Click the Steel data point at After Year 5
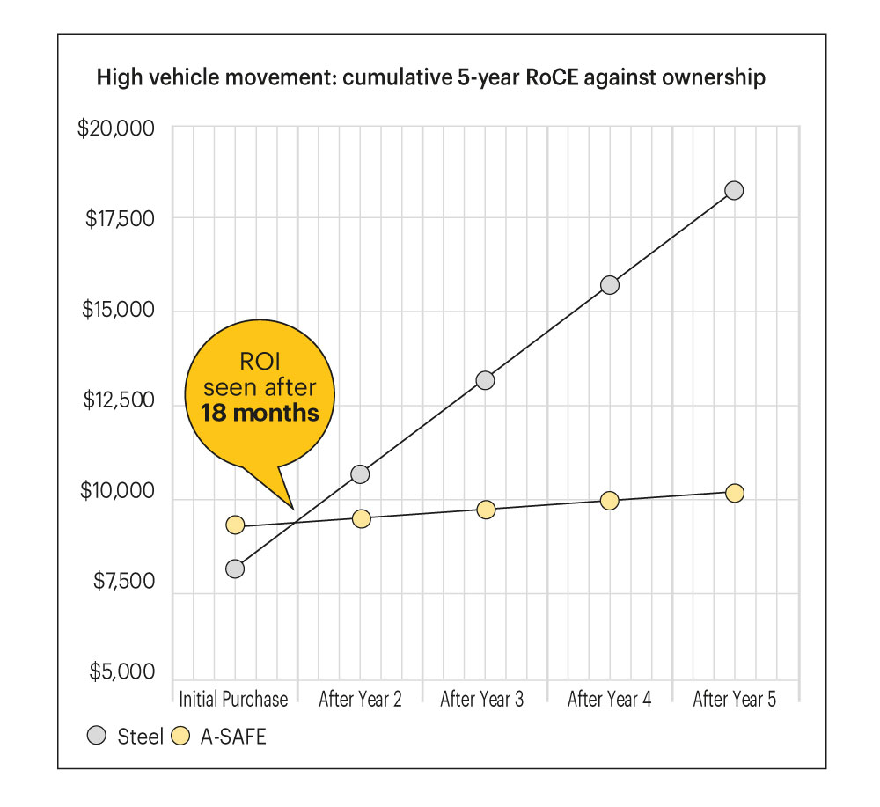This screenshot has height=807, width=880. coord(734,190)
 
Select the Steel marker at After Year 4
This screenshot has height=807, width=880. coord(609,285)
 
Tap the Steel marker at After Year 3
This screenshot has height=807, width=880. coord(485,380)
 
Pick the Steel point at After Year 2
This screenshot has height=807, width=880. coord(360,474)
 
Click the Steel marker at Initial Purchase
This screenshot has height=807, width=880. coord(235,569)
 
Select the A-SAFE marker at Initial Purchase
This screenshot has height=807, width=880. coord(235,525)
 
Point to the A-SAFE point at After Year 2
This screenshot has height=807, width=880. coord(361,519)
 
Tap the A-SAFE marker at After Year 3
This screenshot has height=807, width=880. coord(486,510)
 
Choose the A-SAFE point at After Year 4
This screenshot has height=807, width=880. coord(609,500)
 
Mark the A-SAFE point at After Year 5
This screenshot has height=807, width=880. coord(734,493)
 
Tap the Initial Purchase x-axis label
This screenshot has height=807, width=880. coord(233,701)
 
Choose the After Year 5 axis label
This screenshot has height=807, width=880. coord(735,701)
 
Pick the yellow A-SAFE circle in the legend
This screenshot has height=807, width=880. coord(180,737)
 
